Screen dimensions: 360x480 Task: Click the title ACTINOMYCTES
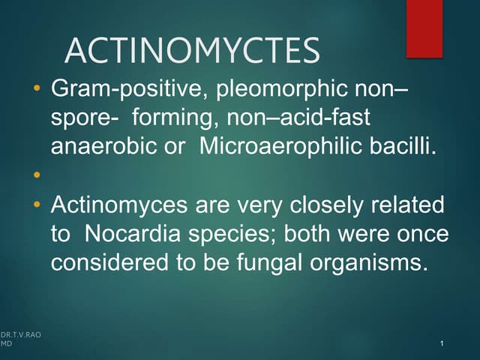(x=192, y=51)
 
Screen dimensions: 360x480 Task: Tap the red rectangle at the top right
(x=424, y=28)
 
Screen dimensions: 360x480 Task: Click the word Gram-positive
(x=127, y=91)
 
